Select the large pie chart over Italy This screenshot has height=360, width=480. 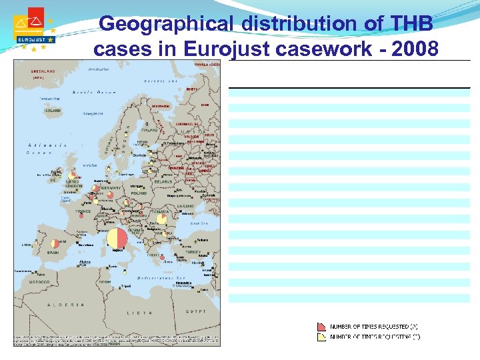pyautogui.click(x=117, y=238)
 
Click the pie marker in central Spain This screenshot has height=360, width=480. pyautogui.click(x=55, y=243)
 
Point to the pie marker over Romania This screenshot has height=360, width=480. pyautogui.click(x=161, y=218)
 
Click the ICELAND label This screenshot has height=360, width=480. pyautogui.click(x=52, y=111)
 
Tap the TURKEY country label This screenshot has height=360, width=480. pyautogui.click(x=193, y=253)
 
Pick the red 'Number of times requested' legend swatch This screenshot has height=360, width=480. pyautogui.click(x=321, y=327)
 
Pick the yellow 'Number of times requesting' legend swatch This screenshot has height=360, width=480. pyautogui.click(x=321, y=337)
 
